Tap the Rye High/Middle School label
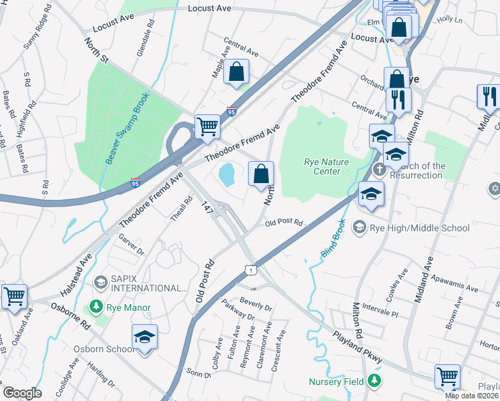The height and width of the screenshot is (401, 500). point(420,228)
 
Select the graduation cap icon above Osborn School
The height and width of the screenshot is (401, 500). point(144,338)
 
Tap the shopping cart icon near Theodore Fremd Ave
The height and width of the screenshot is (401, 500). point(207,126)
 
